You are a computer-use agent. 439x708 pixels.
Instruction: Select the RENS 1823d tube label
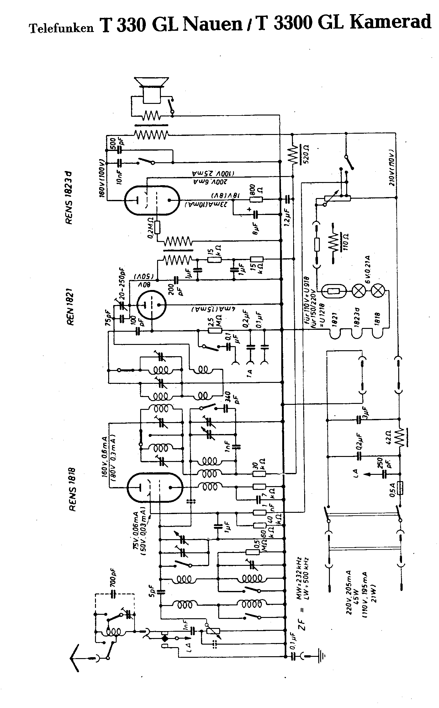(x=69, y=198)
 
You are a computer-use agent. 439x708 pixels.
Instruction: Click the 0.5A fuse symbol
(x=399, y=488)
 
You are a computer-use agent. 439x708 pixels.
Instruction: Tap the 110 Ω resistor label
(x=346, y=241)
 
